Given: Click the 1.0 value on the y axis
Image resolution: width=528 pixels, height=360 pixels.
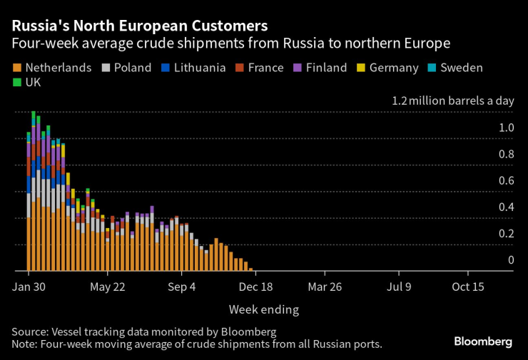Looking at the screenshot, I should click(506, 128).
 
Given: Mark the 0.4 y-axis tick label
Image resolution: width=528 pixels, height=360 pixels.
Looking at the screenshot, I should click(506, 207).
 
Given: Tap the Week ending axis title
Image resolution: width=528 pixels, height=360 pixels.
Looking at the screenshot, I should click(263, 309).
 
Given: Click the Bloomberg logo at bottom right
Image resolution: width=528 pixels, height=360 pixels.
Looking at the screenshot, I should click(483, 342).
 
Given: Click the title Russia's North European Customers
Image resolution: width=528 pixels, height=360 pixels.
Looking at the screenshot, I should click(140, 26).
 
